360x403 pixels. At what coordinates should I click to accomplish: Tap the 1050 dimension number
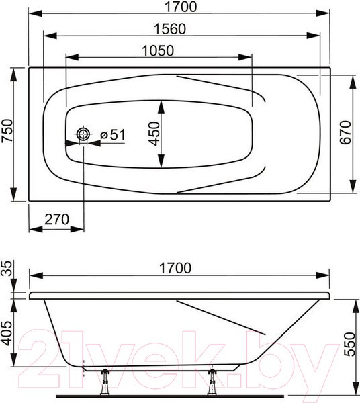pyautogui.click(x=158, y=50)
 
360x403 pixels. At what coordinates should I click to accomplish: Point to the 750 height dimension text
pyautogui.click(x=7, y=133)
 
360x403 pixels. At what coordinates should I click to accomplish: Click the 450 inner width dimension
pyautogui.click(x=154, y=135)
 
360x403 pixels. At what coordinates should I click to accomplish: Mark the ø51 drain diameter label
pyautogui.click(x=113, y=135)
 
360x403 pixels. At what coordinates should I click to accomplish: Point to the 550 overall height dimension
pyautogui.click(x=346, y=345)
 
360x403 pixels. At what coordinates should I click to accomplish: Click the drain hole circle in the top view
pyautogui.click(x=83, y=135)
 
